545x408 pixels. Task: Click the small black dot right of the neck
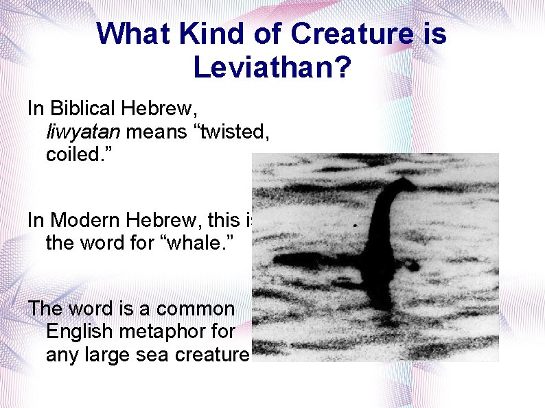point(354,224)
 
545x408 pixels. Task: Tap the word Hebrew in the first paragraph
point(153,108)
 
